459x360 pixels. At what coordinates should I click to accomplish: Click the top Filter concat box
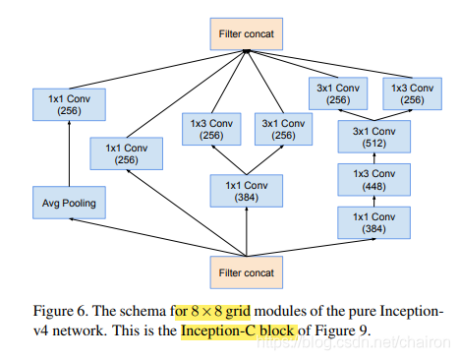click(245, 35)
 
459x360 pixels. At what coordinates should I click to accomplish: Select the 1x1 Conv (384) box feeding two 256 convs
click(245, 190)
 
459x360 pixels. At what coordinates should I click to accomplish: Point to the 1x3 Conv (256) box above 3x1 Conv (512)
click(411, 92)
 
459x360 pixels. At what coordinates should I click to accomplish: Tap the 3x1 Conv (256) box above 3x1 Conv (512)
click(337, 92)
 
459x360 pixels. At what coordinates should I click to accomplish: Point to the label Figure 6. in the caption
click(41, 311)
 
